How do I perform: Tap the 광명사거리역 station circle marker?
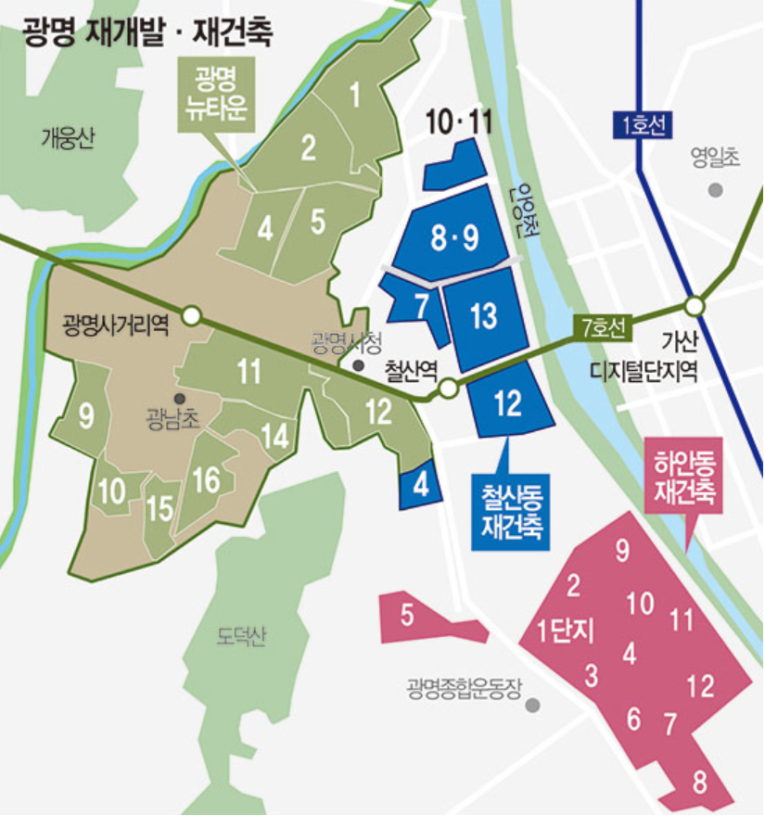[x=191, y=316]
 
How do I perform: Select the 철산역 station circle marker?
[x=448, y=389]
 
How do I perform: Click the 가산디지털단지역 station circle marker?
[x=695, y=305]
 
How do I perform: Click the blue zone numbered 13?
[x=483, y=316]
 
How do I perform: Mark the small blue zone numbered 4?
[x=419, y=485]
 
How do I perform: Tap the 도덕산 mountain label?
[x=241, y=637]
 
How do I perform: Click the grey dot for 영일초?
[x=715, y=190]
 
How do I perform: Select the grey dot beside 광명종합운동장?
[x=532, y=706]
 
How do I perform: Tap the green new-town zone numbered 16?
[x=206, y=480]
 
